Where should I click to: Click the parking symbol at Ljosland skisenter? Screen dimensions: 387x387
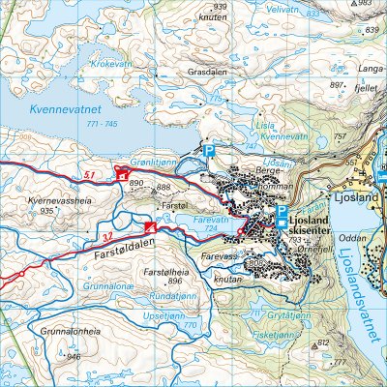pyautogui.click(x=282, y=212)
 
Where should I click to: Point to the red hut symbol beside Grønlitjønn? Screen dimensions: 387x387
pyautogui.click(x=122, y=174)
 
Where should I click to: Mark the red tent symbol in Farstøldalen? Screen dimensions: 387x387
pyautogui.click(x=150, y=227)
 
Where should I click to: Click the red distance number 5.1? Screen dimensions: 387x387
pyautogui.click(x=90, y=174)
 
